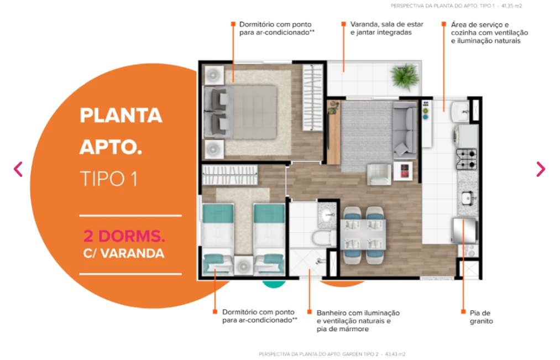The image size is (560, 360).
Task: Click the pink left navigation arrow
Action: click(18, 169)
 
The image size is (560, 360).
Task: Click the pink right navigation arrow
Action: click(541, 169)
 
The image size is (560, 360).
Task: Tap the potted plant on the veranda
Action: click(405, 76)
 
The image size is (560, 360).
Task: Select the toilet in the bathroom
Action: click(324, 238)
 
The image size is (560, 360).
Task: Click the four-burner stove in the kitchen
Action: click(467, 159)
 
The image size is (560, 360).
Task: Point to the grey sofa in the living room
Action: click(405, 130)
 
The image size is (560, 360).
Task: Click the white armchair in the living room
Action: click(379, 174)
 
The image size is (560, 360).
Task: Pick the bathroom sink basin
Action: click(328, 215)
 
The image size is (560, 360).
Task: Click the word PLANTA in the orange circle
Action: click(121, 116)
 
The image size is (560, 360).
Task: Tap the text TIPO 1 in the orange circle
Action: click(108, 179)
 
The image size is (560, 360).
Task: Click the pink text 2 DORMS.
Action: click(124, 236)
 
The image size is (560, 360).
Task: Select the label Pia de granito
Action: click(481, 317)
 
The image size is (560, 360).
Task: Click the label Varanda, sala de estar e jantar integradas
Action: click(387, 28)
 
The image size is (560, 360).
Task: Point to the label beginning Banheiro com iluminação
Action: click(358, 321)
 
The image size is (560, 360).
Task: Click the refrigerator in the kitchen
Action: click(465, 231)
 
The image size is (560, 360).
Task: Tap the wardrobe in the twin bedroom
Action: click(229, 175)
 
